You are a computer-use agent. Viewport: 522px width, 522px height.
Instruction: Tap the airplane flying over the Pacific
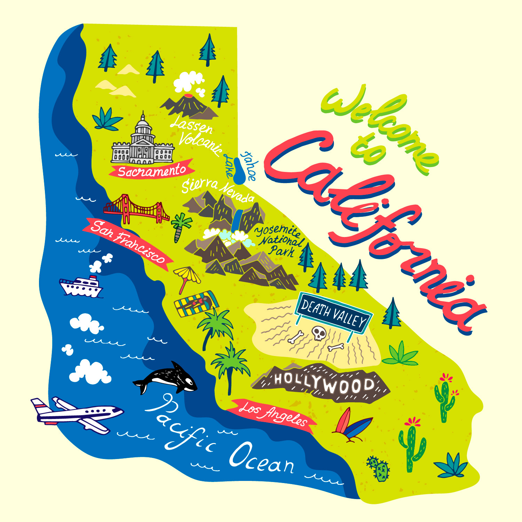[78, 414]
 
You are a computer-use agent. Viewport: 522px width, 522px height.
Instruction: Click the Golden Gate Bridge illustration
[136, 209]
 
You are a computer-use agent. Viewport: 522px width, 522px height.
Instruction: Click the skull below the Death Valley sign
[318, 333]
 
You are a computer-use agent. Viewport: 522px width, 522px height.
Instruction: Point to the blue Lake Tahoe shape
[239, 171]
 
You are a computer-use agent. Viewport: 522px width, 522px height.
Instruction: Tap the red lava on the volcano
[188, 95]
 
